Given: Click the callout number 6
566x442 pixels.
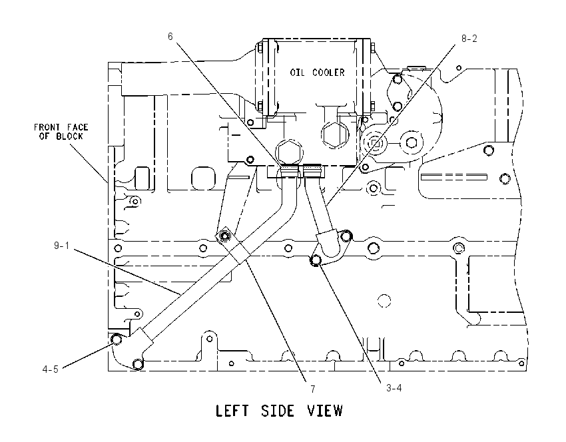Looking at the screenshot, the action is coord(170,37).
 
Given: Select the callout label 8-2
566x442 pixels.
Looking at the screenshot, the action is coord(469,39).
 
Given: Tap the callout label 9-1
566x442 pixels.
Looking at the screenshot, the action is coord(61,246).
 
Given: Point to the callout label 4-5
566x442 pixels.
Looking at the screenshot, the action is coord(50,369).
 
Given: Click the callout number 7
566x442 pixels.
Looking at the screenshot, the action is coord(313,389).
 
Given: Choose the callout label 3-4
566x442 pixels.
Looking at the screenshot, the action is coord(394,388).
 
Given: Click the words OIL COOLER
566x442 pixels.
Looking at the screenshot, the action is coord(317,73).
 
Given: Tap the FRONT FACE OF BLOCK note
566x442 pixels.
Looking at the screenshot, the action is coord(61,132).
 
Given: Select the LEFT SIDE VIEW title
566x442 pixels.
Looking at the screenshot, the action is coord(279,411).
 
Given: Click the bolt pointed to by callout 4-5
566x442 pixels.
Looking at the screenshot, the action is coord(117,339).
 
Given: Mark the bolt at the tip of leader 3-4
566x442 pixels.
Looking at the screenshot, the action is coord(316,260).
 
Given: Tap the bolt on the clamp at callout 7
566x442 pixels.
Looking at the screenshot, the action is coord(225,236).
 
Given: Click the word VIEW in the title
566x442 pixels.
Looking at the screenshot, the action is coord(325,411).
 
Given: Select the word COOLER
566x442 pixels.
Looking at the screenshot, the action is coord(328,73).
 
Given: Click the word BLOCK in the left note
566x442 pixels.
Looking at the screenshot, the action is coord(69,136).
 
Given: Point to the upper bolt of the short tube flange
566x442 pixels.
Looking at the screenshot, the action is coord(346,236).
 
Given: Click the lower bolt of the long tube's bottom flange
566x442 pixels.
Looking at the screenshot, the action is coord(138,364).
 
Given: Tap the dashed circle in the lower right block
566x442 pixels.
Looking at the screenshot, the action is coord(384,301).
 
